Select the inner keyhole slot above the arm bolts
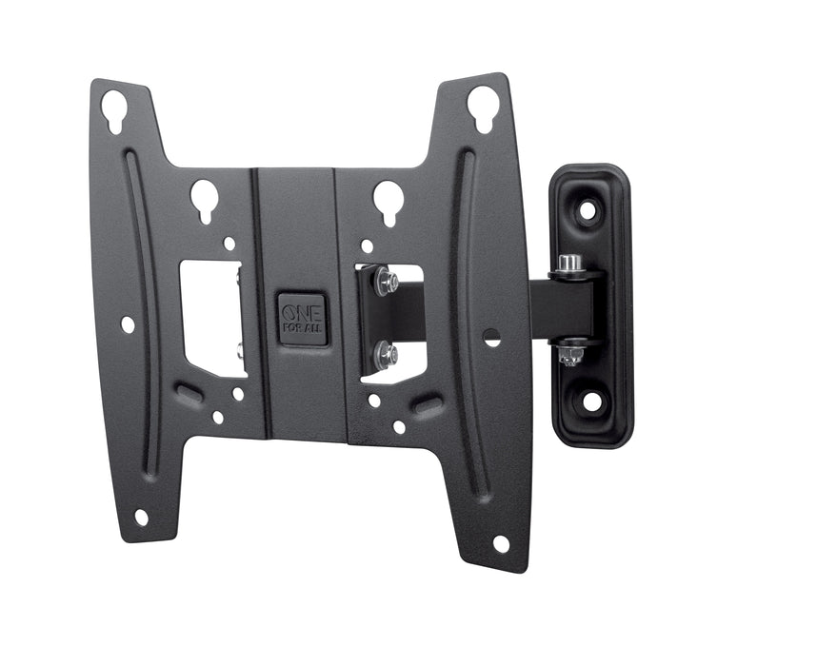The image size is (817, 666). coord(388,198)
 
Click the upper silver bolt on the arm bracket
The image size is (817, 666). coord(387,280)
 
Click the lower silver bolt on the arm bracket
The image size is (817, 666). coord(387,354)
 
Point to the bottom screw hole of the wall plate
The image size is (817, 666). coord(592,402)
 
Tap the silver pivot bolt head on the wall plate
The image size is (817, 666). coord(569,263)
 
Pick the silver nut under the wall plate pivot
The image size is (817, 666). coord(570,355)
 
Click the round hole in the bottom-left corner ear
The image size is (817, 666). coord(141,517)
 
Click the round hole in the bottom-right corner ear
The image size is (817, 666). coord(501,543)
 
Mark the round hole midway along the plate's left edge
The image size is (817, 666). coord(128,325)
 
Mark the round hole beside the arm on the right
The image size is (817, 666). coord(491,336)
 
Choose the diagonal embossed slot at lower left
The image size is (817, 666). coord(191,393)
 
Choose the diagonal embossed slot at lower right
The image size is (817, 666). coord(428,406)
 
